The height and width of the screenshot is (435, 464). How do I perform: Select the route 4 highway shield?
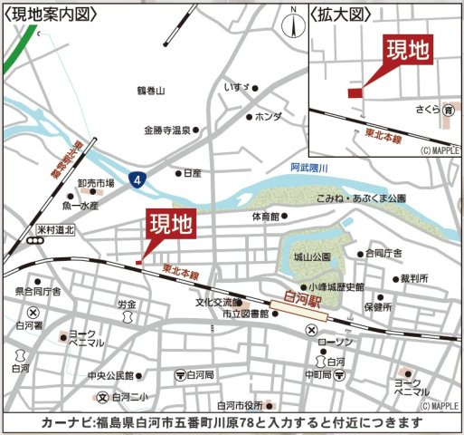pos(135,180)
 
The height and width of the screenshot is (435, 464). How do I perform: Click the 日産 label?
pos(191,172)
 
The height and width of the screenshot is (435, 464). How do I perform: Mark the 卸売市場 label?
pos(96,182)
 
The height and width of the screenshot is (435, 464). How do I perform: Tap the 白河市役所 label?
pos(239,405)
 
